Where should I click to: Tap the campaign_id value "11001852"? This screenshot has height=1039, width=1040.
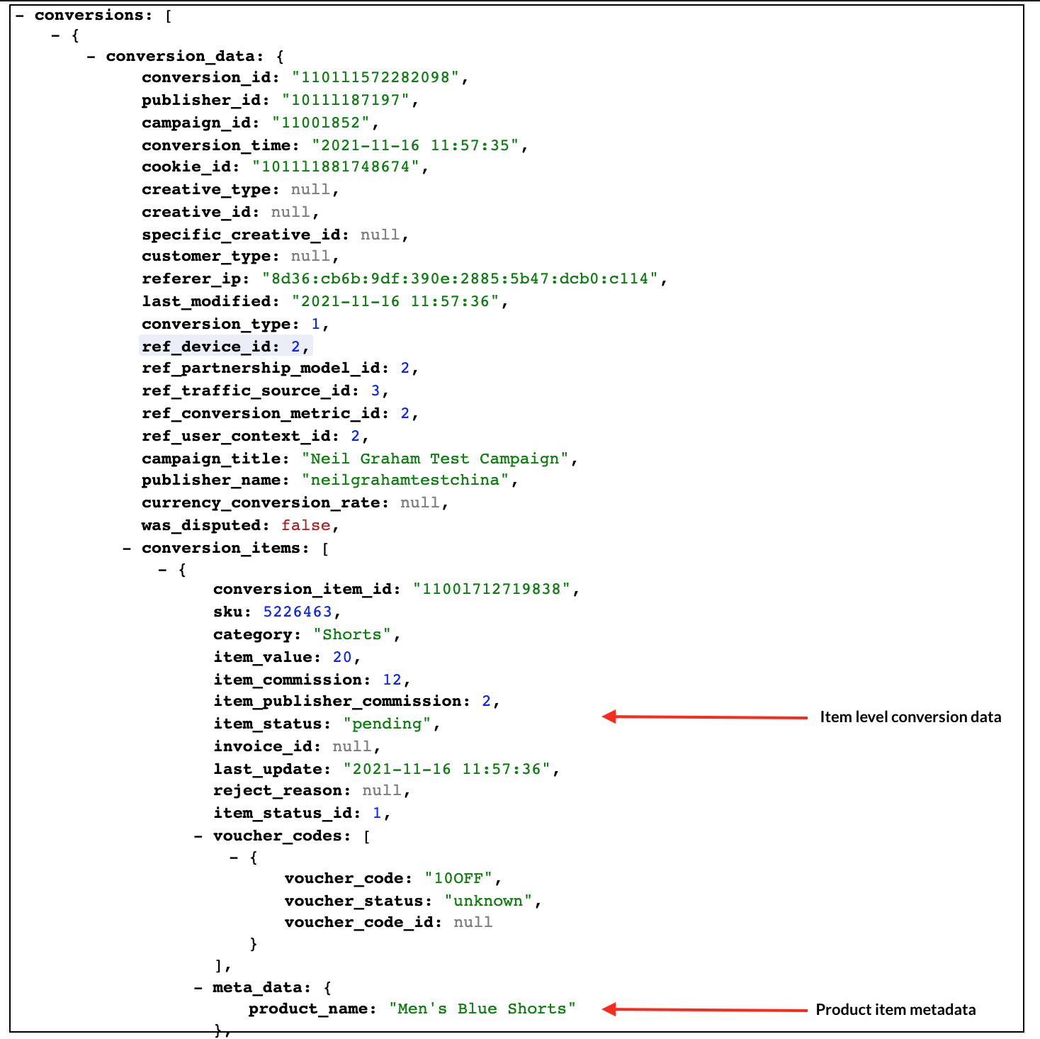[321, 123]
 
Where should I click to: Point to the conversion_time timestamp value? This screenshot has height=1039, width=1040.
[415, 145]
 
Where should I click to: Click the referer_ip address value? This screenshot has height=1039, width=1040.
[460, 279]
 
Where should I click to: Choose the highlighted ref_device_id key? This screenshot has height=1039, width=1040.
[206, 347]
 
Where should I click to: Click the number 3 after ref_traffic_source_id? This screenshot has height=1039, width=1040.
[375, 391]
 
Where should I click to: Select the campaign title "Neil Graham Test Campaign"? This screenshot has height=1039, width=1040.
[435, 459]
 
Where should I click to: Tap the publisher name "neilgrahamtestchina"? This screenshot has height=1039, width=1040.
[405, 480]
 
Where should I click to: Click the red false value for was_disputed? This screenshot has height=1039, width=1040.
[305, 525]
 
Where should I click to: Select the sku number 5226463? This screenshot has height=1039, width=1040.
[298, 612]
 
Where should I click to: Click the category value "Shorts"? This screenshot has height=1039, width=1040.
[352, 634]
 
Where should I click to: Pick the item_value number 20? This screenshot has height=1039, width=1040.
[342, 657]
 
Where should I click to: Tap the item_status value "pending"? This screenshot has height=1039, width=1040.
[387, 724]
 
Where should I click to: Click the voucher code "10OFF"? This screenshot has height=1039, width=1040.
[458, 878]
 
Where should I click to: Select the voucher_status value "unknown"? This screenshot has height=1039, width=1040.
[488, 901]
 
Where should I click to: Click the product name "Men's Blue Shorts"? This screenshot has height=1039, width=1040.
[482, 1009]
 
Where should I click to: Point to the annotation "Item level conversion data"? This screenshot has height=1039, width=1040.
[910, 717]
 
